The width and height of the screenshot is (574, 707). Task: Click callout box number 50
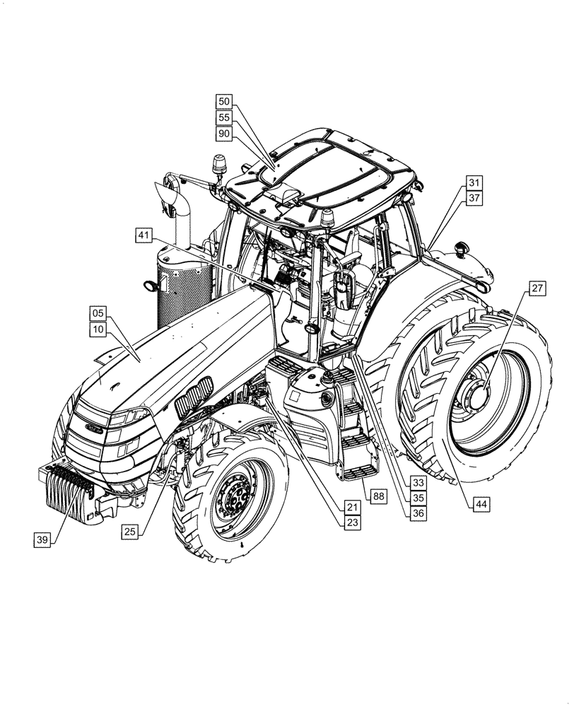tap(224, 102)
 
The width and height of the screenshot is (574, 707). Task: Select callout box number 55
tap(224, 117)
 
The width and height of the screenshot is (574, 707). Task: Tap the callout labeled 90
tap(224, 133)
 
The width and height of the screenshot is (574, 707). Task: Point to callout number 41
tap(144, 235)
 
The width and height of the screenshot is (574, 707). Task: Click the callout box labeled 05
tap(98, 313)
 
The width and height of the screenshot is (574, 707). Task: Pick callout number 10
tap(98, 329)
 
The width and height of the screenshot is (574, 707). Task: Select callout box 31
tap(474, 183)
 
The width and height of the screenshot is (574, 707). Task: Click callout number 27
tap(538, 288)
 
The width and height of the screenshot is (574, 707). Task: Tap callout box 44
tap(481, 503)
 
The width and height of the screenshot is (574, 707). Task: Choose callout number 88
tap(379, 497)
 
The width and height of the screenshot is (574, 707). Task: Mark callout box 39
tap(42, 539)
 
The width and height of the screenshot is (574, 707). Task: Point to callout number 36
tap(418, 514)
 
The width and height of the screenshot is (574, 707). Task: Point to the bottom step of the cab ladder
tap(359, 472)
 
